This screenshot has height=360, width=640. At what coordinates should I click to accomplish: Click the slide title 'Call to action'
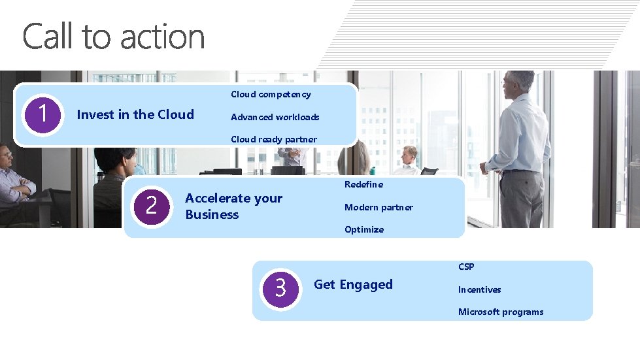114,37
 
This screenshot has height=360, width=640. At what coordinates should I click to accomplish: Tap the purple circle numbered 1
42,114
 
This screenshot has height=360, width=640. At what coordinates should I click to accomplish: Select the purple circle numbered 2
152,206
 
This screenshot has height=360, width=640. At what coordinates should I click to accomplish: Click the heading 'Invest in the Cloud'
135,114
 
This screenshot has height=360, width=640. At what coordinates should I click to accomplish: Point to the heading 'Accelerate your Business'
233,206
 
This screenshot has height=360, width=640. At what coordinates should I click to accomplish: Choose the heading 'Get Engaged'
353,284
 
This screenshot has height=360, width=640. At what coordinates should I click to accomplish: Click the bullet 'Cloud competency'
271,94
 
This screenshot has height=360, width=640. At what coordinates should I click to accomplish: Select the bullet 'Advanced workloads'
275,117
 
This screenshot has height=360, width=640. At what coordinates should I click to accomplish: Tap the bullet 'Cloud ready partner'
273,139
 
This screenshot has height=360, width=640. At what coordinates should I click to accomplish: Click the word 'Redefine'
363,184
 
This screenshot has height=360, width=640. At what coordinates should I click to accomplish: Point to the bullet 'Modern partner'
379,207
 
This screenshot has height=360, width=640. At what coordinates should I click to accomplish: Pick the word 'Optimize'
364,229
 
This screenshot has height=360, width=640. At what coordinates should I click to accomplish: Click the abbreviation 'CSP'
466,267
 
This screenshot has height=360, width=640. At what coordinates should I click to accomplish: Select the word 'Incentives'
479,289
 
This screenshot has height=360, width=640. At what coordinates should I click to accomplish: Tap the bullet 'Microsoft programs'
500,312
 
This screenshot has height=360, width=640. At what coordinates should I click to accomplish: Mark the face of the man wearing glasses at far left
5,159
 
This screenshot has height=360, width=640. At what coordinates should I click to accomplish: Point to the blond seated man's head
409,155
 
